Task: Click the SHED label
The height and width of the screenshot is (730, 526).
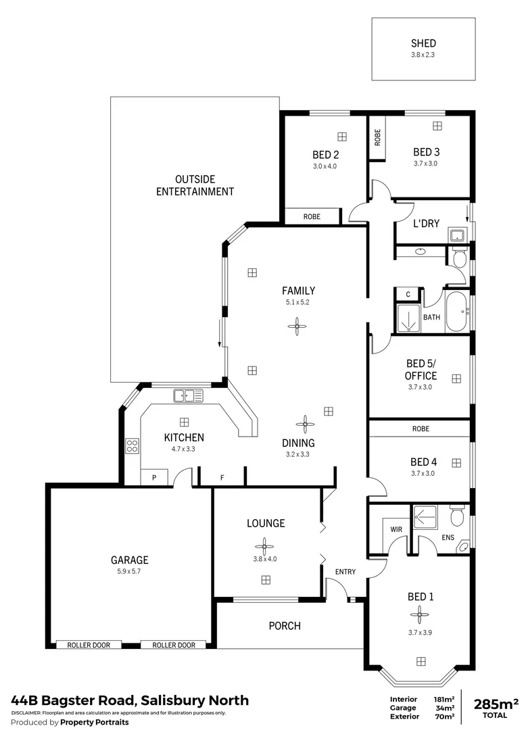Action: point(423,43)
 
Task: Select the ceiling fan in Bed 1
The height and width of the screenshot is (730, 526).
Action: point(419,614)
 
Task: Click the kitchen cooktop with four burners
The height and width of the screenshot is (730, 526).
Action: point(133,445)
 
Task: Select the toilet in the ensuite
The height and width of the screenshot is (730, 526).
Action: point(457,517)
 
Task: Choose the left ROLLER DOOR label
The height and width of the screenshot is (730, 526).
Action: point(89,645)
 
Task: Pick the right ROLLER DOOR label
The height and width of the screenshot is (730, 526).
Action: point(174,645)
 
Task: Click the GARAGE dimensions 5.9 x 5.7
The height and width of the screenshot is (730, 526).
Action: point(129,571)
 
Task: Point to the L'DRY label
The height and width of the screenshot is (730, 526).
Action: point(427,223)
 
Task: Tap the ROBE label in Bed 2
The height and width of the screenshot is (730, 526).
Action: point(312,217)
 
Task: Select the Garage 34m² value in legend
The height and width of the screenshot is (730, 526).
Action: point(445,708)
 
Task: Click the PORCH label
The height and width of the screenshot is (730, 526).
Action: point(285,626)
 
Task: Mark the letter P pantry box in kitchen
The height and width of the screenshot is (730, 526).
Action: point(154,478)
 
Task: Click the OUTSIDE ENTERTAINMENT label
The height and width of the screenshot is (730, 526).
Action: point(195,185)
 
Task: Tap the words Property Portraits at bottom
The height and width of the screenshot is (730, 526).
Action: point(94,723)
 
